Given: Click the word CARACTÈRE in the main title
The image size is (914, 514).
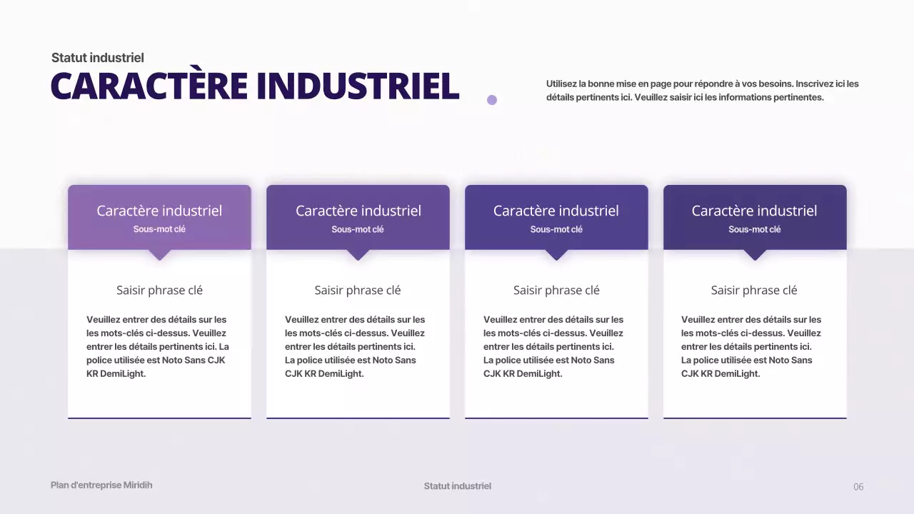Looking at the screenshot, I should point(149,86).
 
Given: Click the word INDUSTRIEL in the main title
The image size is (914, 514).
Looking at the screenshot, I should point(357,86).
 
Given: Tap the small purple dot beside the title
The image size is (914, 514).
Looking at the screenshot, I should point(492,100).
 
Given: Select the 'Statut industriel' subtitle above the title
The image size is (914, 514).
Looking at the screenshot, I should point(98,58).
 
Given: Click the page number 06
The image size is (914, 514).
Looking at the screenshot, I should point(858,487).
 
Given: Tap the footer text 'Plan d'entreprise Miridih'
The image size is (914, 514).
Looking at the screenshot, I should point(101,485).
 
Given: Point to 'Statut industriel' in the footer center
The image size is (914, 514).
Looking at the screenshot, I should point(458,486).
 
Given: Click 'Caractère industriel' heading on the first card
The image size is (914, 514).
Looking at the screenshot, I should point(159,211).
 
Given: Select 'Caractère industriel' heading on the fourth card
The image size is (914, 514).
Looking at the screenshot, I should point(754,211).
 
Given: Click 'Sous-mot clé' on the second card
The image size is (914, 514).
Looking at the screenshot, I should point(358,229).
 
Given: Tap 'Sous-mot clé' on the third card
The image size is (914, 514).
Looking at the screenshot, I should point(556,229).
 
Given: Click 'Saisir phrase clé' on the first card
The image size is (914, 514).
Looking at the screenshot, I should point(159,290).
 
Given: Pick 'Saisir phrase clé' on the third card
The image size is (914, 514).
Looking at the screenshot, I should point(556,290).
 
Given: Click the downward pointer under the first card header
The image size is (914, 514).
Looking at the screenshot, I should point(160,254).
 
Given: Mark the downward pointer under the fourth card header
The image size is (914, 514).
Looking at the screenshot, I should point(755,254).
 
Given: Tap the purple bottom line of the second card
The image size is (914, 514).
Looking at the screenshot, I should point(358,418).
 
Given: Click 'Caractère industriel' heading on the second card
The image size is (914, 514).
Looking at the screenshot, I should point(358,211).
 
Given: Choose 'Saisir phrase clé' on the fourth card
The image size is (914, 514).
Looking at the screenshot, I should point(754,290).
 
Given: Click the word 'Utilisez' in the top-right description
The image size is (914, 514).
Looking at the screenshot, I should point(561,84).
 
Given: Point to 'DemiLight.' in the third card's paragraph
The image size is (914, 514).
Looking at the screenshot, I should point(539,373).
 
